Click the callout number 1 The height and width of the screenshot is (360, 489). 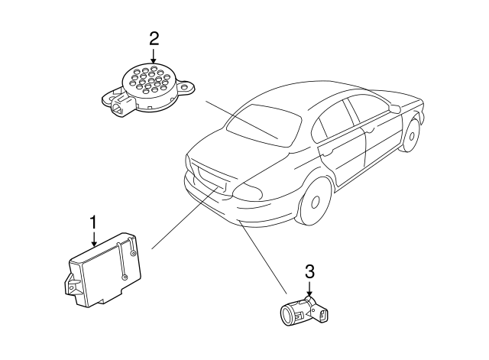pyautogui.click(x=93, y=222)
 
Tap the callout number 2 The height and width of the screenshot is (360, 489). pyautogui.click(x=154, y=39)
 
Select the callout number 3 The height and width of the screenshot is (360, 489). pyautogui.click(x=309, y=271)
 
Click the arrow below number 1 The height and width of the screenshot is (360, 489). pyautogui.click(x=93, y=239)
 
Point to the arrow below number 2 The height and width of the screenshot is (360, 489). pyautogui.click(x=154, y=56)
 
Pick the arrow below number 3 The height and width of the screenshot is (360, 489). pyautogui.click(x=309, y=288)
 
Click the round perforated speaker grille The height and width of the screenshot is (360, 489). pyautogui.click(x=151, y=81)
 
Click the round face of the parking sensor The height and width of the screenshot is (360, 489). pyautogui.click(x=287, y=314)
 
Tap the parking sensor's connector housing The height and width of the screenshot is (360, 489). pyautogui.click(x=321, y=313)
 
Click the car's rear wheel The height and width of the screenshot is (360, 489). pyautogui.click(x=313, y=200)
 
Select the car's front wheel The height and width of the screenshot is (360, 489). pyautogui.click(x=410, y=135)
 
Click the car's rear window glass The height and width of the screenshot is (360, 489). pyautogui.click(x=264, y=125)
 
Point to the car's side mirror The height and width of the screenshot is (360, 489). pyautogui.click(x=395, y=108)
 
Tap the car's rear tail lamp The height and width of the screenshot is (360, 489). pyautogui.click(x=248, y=190)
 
